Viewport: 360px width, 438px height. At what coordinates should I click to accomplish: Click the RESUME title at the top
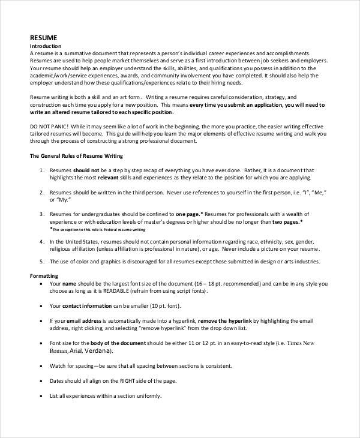click(44, 37)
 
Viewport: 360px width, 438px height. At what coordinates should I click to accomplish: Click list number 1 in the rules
click(41, 171)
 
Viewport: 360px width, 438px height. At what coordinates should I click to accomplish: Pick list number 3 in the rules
click(41, 214)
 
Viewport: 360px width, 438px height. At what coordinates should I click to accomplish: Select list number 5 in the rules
click(41, 262)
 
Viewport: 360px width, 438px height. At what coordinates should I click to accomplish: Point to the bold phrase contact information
click(91, 305)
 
